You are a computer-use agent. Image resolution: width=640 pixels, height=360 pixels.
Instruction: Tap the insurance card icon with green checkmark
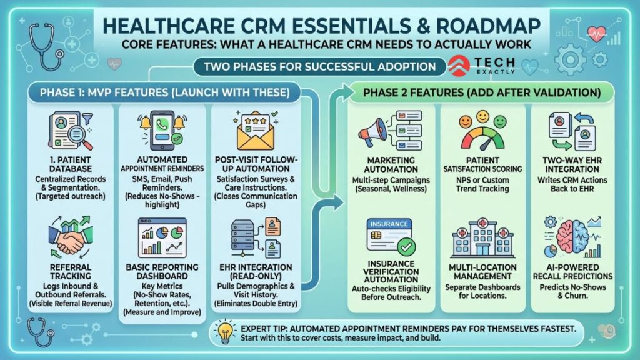point(391,236)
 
